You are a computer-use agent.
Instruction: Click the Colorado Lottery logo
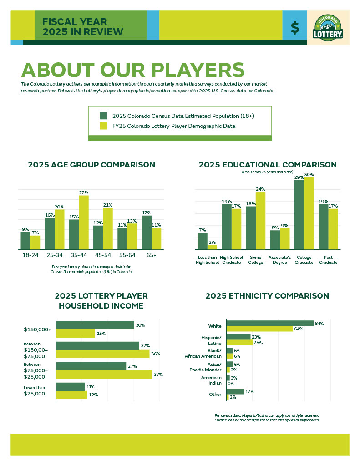pos(328,27)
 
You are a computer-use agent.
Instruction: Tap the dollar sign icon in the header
pos(295,28)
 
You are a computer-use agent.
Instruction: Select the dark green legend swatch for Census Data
pos(103,116)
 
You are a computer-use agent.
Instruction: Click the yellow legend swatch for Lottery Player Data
pos(103,126)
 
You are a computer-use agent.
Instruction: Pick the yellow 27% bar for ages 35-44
pos(84,222)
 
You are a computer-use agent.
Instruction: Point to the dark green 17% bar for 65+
pos(147,232)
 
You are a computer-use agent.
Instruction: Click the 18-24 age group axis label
pos(30,255)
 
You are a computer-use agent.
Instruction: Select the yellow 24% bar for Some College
pos(260,221)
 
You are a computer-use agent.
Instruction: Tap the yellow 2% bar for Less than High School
pos(212,247)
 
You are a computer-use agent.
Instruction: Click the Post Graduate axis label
pos(328,259)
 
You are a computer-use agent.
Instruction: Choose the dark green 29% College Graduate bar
pos(299,215)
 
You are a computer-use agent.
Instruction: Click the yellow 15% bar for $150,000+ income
pos(76,334)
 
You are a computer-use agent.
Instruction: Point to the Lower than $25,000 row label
pos(35,390)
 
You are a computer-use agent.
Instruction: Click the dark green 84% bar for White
pos(270,323)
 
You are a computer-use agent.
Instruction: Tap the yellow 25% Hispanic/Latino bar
pos(239,342)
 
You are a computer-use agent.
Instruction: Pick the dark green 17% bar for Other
pos(235,391)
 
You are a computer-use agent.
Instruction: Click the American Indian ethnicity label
pos(211,380)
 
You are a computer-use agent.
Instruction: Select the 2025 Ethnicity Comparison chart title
pos(267,296)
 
